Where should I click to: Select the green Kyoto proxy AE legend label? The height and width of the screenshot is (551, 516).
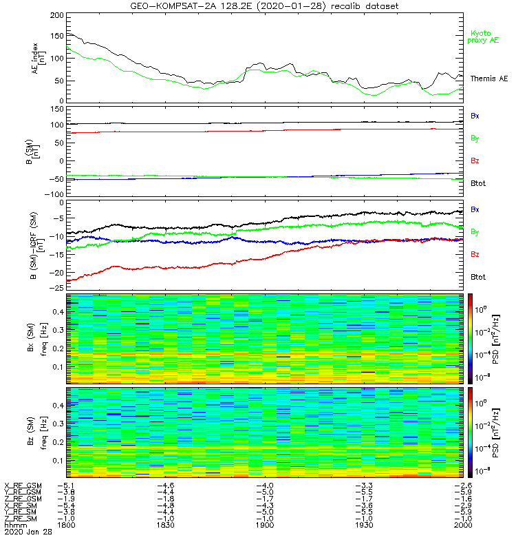pos(484,37)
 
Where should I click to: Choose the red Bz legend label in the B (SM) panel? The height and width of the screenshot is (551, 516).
pos(475,161)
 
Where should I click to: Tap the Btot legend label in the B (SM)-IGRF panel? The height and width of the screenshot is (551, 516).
pos(477,277)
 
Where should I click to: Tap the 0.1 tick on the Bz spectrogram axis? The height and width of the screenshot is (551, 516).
pos(58,460)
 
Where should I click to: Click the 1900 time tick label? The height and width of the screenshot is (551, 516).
pos(265,525)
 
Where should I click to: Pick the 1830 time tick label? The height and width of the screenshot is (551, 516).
pos(166,525)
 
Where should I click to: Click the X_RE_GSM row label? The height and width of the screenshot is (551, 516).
pos(23,486)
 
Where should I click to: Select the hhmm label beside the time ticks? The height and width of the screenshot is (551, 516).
pos(14,525)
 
